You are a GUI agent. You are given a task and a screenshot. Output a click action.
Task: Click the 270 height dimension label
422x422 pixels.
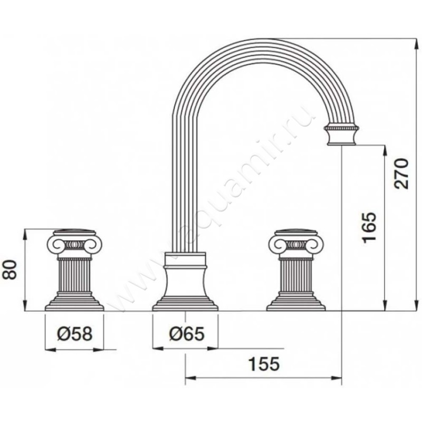401,174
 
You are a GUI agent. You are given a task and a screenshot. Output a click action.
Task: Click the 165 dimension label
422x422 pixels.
368,227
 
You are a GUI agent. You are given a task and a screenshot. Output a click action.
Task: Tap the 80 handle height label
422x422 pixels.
11,270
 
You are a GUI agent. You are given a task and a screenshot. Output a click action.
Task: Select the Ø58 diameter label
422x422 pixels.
74,334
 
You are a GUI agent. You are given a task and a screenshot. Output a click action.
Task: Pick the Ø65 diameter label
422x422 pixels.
187,334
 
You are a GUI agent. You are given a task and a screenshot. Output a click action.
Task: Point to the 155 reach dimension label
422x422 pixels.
264,364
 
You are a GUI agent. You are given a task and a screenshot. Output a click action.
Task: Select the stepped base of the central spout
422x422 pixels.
185,304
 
